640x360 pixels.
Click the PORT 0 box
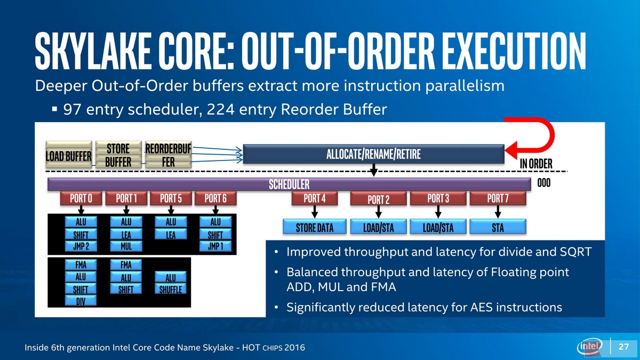click(x=81, y=198)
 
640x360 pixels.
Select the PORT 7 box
click(x=498, y=198)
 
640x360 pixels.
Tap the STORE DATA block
click(x=315, y=227)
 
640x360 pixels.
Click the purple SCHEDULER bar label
click(x=289, y=185)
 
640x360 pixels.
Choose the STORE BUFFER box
click(x=118, y=154)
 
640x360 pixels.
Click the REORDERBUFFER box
click(x=169, y=154)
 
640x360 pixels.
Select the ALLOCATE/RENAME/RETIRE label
click(x=373, y=154)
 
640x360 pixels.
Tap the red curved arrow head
click(x=511, y=150)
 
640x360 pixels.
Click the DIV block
click(x=81, y=301)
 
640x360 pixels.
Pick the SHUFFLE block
click(x=171, y=289)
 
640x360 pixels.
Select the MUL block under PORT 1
click(x=126, y=246)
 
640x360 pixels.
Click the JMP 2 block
click(x=81, y=246)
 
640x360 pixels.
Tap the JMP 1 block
click(x=215, y=246)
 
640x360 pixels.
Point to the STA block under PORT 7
click(x=498, y=227)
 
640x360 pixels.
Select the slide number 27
click(x=623, y=347)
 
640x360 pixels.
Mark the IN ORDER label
click(x=536, y=164)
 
